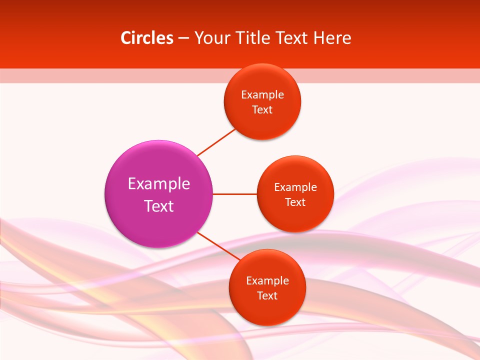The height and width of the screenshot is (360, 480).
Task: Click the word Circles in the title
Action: tap(147, 38)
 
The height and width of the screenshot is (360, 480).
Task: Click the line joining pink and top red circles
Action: tap(216, 142)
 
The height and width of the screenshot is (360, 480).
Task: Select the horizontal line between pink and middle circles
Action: tap(234, 194)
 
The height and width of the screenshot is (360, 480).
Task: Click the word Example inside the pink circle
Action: tap(159, 184)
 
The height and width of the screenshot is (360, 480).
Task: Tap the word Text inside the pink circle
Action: tap(159, 206)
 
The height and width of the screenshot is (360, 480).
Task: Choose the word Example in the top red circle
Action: tap(262, 95)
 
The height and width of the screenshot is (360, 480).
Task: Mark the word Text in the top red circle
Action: tap(262, 110)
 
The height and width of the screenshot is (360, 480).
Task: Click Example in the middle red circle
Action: tap(295, 187)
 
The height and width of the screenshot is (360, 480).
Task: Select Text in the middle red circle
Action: tap(295, 202)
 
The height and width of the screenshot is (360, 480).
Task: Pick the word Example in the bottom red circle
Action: tap(267, 281)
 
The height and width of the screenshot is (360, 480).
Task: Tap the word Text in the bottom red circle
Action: tap(267, 296)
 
